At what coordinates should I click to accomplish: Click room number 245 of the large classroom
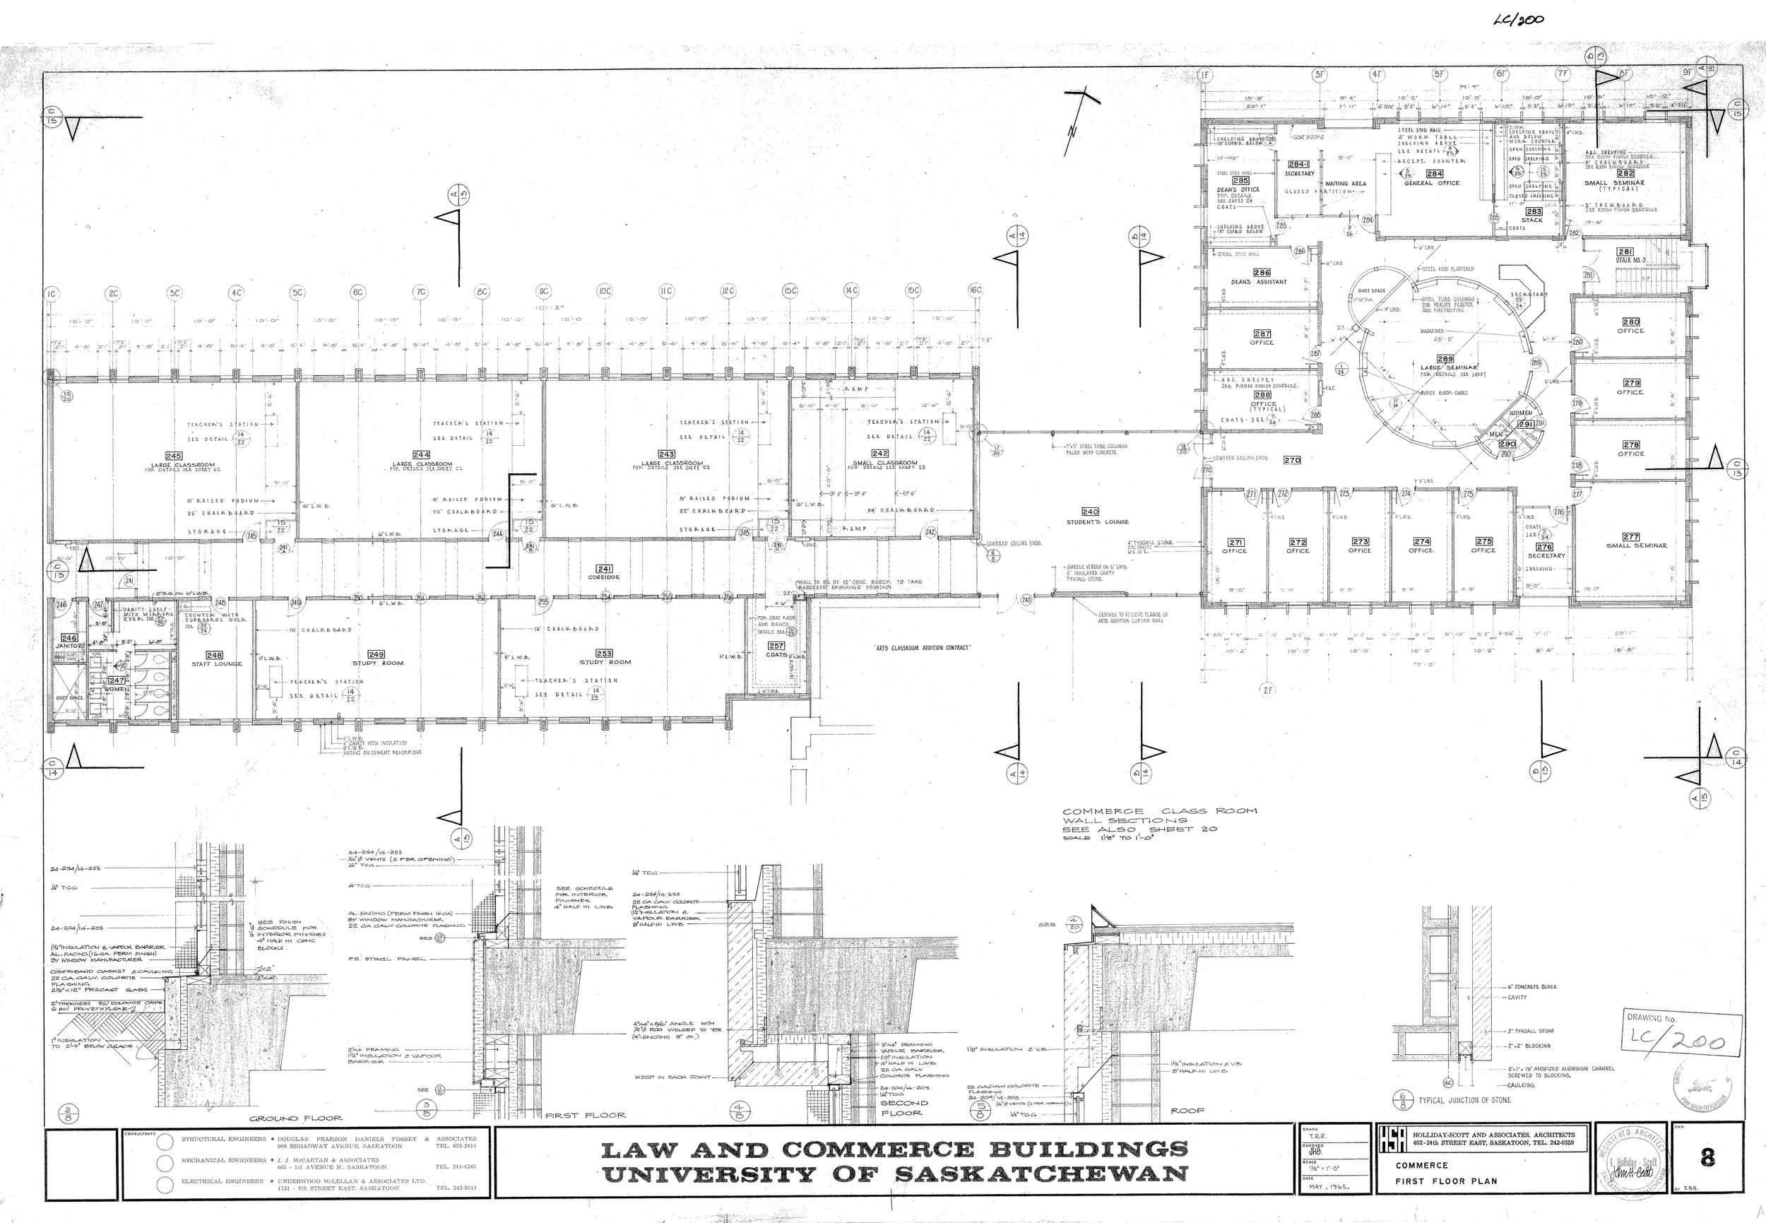coord(174,456)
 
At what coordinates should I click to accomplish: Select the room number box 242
coord(879,454)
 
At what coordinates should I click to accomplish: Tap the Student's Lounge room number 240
coord(1089,512)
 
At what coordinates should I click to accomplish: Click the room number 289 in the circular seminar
coord(1445,359)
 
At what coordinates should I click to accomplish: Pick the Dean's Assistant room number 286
coord(1261,273)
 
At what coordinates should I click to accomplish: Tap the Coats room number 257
coord(776,646)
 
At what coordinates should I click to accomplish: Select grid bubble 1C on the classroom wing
coord(52,293)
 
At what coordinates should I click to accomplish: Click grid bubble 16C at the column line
coord(975,290)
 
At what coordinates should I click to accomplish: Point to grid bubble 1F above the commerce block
coord(1205,75)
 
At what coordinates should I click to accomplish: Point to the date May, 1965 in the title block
coord(1328,1186)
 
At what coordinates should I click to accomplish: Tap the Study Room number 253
coord(604,654)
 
